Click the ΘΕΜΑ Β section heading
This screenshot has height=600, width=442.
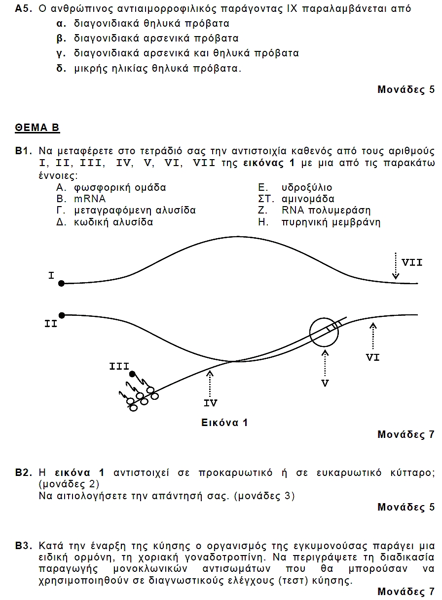point(37,128)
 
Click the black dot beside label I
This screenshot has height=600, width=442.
point(61,284)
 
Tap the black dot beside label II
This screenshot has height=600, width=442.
point(62,315)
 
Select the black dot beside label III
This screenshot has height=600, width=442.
point(132,374)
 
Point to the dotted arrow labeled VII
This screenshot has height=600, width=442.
point(396,265)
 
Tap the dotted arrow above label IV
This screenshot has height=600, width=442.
point(210,384)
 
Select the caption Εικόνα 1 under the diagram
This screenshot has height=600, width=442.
point(224,423)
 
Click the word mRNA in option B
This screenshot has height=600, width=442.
point(90,199)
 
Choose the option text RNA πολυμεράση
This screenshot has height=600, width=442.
point(326,210)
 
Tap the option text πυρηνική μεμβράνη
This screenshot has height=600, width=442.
point(331,222)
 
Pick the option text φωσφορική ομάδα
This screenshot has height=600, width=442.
point(120,187)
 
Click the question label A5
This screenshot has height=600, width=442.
point(24,9)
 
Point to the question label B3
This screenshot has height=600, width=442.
point(24,546)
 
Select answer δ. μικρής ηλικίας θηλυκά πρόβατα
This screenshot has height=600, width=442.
point(148,68)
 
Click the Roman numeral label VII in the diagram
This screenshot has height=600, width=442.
point(412,262)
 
